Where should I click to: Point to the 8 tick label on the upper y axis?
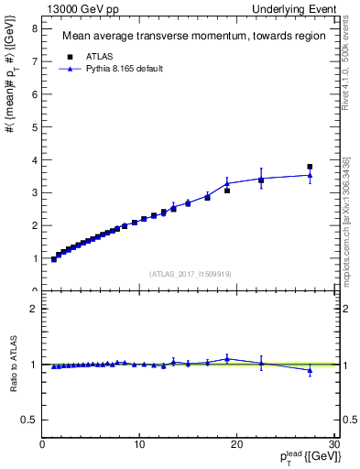pos(34,27)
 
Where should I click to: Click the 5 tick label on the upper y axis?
pos(34,126)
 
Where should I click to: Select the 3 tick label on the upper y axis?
pos(34,192)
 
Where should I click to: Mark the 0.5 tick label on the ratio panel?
pos(30,420)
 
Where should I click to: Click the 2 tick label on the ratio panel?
pos(34,309)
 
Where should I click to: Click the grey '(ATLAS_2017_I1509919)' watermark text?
pos(191,274)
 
